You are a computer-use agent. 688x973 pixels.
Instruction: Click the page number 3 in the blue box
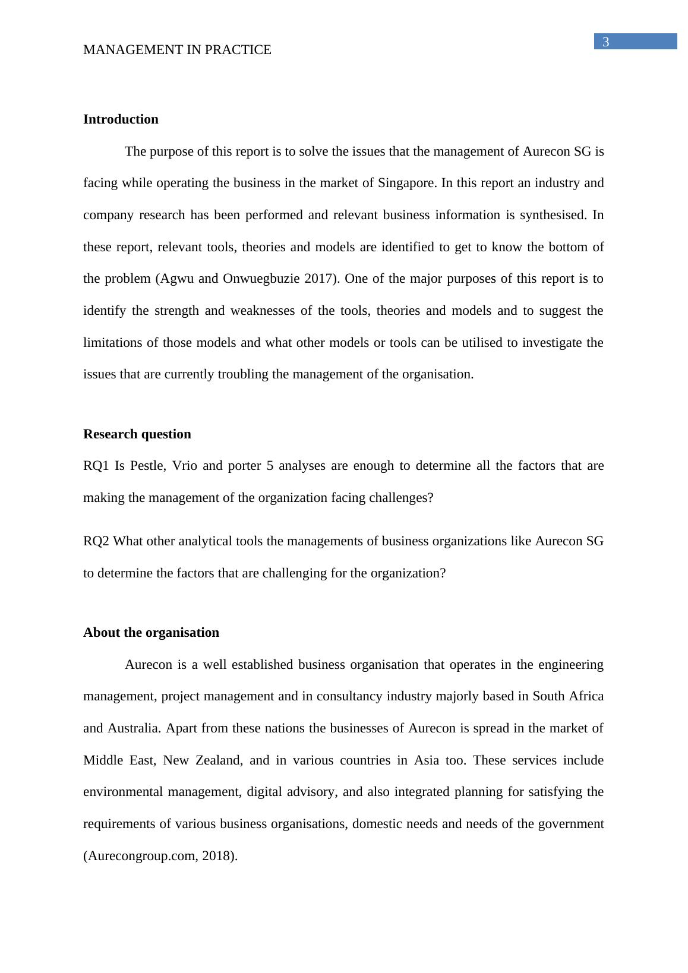606,42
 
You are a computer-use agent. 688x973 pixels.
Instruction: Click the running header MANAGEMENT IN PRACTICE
177,50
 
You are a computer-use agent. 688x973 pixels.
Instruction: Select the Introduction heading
121,119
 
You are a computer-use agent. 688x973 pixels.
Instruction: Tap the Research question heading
137,434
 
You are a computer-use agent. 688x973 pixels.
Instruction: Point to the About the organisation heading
151,633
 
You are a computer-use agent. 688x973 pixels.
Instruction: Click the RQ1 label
96,466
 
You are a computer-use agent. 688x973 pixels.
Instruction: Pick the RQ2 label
96,541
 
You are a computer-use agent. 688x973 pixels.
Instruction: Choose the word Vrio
184,466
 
